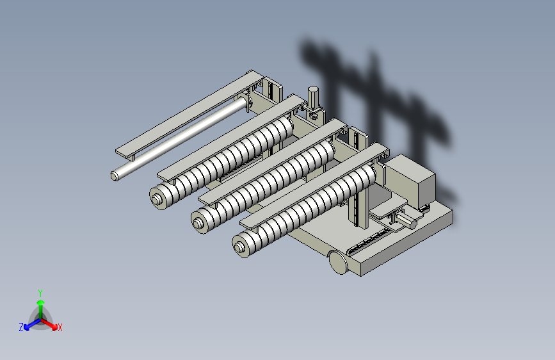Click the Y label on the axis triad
coord(40,293)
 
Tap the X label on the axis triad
coord(60,328)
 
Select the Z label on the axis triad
coord(21,327)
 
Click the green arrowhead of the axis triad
coord(41,302)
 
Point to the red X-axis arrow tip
coord(54,327)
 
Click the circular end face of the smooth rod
coord(115,176)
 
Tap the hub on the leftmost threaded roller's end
coord(156,200)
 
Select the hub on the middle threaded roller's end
coord(198,223)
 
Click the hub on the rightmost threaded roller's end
coord(239,247)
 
